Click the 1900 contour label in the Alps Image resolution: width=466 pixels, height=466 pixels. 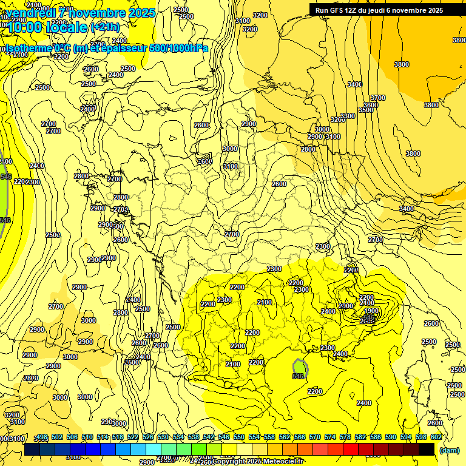pyautogui.click(x=371, y=311)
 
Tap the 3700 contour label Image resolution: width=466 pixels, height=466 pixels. pyautogui.click(x=378, y=98)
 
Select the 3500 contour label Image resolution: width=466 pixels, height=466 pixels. pyautogui.click(x=366, y=110)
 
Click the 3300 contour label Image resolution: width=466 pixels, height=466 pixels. pyautogui.click(x=347, y=116)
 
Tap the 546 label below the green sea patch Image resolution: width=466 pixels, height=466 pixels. pyautogui.click(x=298, y=376)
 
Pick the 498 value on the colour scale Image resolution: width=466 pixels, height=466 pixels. pyautogui.click(x=42, y=437)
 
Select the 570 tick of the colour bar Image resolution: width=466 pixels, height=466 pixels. pyautogui.click(x=314, y=437)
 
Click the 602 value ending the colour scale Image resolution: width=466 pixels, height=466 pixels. pyautogui.click(x=436, y=437)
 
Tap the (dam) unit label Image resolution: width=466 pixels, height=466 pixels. pyautogui.click(x=449, y=450)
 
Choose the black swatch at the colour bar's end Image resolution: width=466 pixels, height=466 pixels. pyautogui.click(x=427, y=449)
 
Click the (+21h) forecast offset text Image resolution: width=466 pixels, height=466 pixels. pyautogui.click(x=104, y=27)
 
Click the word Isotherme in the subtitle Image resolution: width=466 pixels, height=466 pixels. pyautogui.click(x=28, y=48)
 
